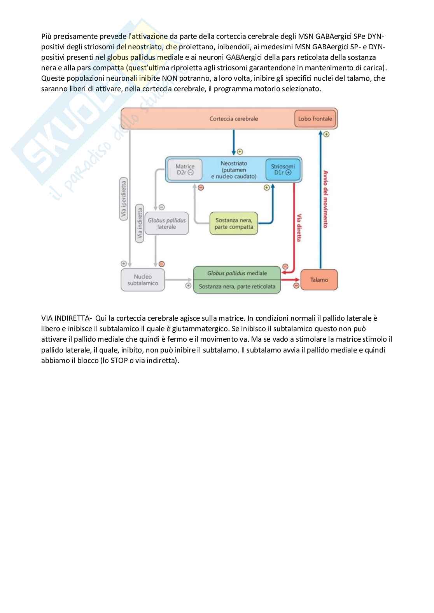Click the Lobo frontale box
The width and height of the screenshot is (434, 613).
tap(315, 118)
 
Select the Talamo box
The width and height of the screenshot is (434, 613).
tap(319, 280)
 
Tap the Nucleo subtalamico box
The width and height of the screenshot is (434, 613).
tap(143, 280)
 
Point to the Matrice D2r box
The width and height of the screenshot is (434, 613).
tap(185, 169)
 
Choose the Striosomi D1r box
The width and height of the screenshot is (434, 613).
tap(283, 169)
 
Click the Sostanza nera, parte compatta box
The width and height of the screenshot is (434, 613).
tap(234, 224)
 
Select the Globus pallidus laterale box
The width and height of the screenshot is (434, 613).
tap(166, 223)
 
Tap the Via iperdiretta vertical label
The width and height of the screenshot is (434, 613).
tap(124, 200)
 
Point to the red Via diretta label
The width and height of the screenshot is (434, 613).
tap(299, 227)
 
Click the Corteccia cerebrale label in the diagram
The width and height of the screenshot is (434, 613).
tap(233, 119)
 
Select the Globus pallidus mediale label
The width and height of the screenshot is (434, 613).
tap(237, 273)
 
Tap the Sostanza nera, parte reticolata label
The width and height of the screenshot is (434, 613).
tap(237, 287)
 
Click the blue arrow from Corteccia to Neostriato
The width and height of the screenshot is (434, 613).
tap(233, 142)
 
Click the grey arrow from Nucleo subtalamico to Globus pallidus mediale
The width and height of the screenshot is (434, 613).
tap(179, 280)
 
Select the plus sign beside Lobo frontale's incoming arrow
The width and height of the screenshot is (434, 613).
tap(326, 134)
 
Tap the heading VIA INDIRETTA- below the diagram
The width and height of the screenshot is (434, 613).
tap(66, 318)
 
